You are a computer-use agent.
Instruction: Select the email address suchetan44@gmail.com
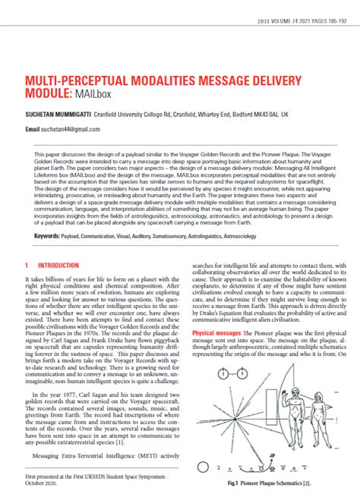coord(69,129)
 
